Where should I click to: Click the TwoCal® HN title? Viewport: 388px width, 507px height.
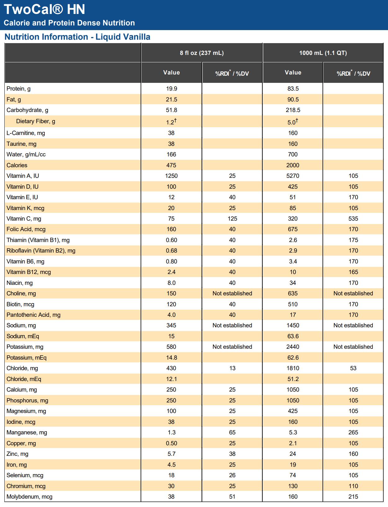click(x=44, y=9)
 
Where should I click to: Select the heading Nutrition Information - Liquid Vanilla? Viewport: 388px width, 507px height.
click(x=77, y=37)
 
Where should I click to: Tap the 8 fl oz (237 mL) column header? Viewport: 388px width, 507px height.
click(x=202, y=53)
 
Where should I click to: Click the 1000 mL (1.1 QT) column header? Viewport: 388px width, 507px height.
click(x=323, y=53)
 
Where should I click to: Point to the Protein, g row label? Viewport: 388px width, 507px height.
click(x=19, y=89)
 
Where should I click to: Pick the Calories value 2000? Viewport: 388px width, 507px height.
click(x=293, y=165)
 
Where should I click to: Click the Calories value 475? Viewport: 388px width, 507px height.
click(x=171, y=165)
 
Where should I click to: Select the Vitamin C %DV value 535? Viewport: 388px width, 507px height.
click(x=353, y=219)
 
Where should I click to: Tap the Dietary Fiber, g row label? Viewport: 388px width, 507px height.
click(x=35, y=121)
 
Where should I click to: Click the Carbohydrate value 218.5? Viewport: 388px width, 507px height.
click(x=293, y=110)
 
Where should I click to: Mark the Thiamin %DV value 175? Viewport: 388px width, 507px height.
click(x=353, y=240)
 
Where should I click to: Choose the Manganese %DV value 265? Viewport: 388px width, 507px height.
click(x=353, y=433)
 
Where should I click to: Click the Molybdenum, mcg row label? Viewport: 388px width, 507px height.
click(x=29, y=497)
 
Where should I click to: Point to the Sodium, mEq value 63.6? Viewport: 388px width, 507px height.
click(x=293, y=336)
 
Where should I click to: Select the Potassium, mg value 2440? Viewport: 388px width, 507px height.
click(x=293, y=347)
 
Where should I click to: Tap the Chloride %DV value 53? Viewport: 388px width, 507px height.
click(x=353, y=368)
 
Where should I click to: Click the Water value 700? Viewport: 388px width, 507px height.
click(x=293, y=155)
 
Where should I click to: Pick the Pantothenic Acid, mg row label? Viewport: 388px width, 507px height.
click(x=34, y=315)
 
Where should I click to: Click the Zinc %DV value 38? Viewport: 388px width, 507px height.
click(x=232, y=454)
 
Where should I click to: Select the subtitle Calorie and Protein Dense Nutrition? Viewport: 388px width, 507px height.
click(x=69, y=23)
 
